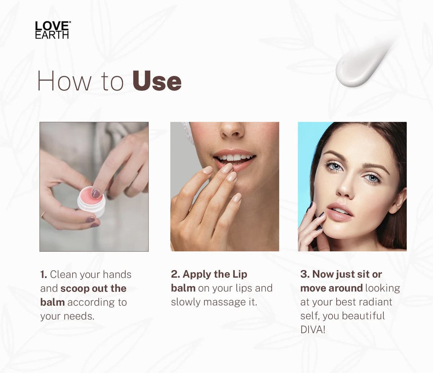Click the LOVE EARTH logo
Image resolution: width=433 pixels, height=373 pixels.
tap(52, 30)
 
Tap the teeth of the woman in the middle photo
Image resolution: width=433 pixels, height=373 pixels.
tap(234, 158)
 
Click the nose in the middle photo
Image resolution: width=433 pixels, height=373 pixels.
tap(232, 130)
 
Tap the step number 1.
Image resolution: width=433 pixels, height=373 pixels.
tap(43, 275)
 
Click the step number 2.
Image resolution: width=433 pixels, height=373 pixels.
tap(175, 274)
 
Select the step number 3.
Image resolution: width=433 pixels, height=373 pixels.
tap(305, 274)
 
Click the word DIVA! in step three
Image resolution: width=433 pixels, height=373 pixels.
tap(312, 330)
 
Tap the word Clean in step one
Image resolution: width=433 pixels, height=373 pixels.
tap(64, 275)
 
